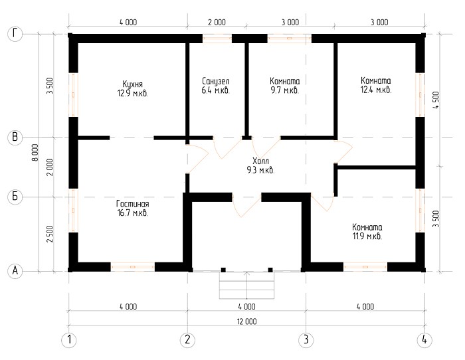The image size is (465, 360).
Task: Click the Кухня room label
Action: [x=133, y=84]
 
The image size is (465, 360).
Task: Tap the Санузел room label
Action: [x=216, y=81]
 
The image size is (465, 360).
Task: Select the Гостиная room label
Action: [x=133, y=204]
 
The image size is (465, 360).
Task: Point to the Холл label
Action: [x=260, y=161]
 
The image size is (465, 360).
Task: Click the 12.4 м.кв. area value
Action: [x=376, y=90]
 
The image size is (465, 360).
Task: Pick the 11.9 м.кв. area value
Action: [x=367, y=236]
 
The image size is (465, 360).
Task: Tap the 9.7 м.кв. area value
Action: [x=285, y=90]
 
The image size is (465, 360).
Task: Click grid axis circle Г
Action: [x=15, y=34]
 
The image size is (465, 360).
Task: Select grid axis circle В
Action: [x=15, y=137]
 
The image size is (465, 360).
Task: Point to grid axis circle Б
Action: [x=15, y=197]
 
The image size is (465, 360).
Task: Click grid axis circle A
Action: [x=15, y=271]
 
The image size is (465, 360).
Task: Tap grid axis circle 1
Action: [x=69, y=339]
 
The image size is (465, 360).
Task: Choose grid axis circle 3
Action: [x=306, y=339]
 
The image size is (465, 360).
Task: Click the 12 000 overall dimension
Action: [x=246, y=321]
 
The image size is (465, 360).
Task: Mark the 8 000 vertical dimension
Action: [x=35, y=152]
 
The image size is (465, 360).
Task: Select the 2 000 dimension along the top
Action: [x=217, y=22]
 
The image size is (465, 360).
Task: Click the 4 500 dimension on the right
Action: [x=436, y=100]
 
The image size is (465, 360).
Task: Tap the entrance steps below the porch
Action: [x=246, y=285]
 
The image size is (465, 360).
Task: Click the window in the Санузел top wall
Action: [x=217, y=39]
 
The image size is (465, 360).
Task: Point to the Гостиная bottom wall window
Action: [x=133, y=267]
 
